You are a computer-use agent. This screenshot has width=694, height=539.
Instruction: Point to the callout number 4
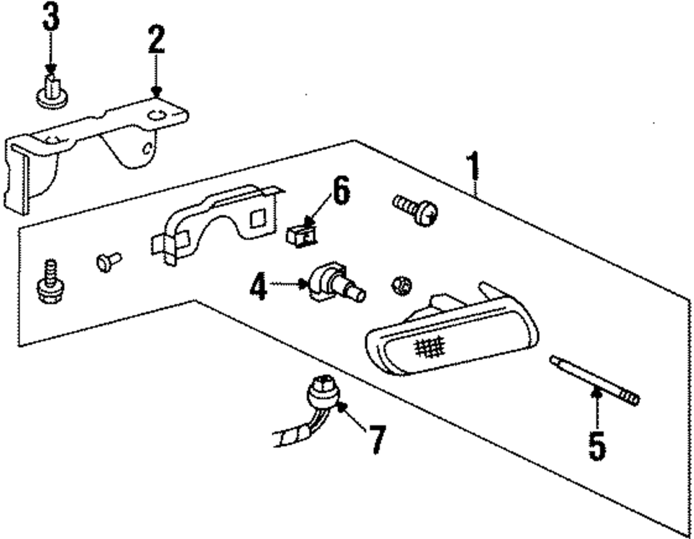(x=258, y=286)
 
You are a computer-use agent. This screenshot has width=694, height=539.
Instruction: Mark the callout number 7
(x=375, y=439)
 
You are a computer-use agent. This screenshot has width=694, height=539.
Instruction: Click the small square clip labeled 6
(x=301, y=233)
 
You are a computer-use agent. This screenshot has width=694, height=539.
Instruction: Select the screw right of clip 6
(x=416, y=209)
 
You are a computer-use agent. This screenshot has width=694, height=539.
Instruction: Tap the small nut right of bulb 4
(x=400, y=284)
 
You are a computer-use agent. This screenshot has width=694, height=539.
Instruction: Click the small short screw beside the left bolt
(x=108, y=262)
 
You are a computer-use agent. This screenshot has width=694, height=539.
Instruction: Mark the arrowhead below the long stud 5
(x=594, y=393)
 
